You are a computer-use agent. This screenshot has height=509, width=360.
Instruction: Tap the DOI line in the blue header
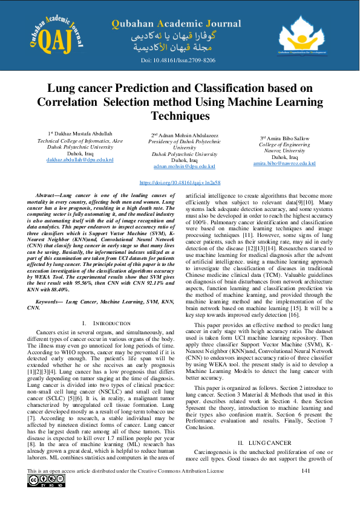[178, 61]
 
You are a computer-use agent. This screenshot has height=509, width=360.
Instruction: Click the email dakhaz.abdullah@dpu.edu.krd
[80, 160]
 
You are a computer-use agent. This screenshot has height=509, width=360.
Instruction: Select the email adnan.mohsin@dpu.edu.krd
[185, 166]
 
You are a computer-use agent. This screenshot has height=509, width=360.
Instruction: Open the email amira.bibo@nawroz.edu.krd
[284, 163]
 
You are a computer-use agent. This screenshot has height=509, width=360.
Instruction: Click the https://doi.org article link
[180, 182]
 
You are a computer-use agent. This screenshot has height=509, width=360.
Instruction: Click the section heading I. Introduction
[105, 324]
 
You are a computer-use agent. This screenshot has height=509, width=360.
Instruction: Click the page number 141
[306, 471]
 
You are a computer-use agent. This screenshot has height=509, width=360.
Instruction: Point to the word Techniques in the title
[180, 115]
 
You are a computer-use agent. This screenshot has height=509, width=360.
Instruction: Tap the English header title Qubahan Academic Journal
[175, 24]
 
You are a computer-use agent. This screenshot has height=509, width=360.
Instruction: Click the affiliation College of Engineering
[284, 145]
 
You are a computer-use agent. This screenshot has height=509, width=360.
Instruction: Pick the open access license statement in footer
[121, 471]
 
